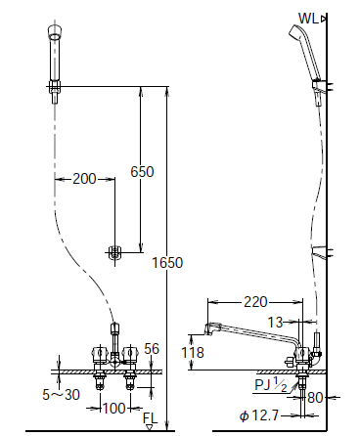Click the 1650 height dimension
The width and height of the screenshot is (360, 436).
click(x=167, y=263)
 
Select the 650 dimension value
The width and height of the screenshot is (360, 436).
click(x=142, y=172)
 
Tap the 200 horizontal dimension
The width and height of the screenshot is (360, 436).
click(x=84, y=179)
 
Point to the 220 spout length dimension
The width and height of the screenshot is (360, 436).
click(x=255, y=302)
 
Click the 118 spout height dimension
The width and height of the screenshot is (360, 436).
click(x=193, y=352)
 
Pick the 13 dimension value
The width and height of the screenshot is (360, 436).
click(x=275, y=323)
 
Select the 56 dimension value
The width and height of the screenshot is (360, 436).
click(x=152, y=349)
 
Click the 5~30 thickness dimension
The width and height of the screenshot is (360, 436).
click(x=61, y=395)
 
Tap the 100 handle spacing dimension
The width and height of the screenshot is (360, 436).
click(x=113, y=408)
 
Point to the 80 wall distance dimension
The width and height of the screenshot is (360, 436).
click(x=315, y=398)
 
